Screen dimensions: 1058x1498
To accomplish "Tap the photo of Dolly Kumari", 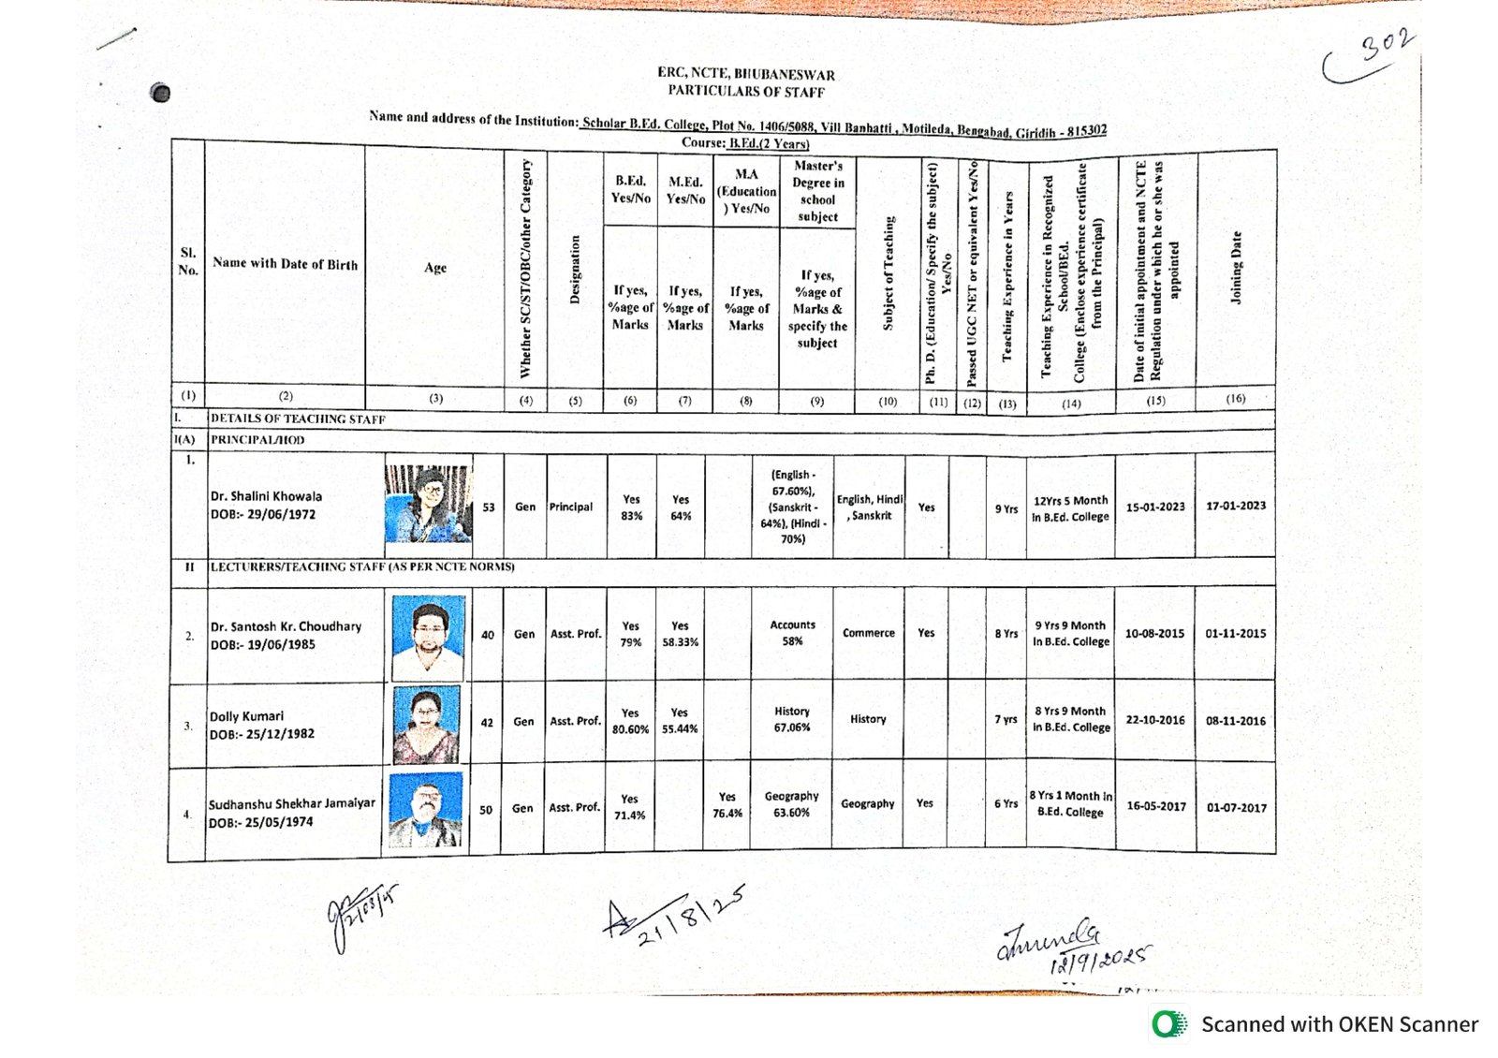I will (427, 724).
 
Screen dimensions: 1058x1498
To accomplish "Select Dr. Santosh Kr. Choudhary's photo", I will (428, 637).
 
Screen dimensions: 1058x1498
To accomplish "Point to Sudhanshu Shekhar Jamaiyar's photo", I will (425, 810).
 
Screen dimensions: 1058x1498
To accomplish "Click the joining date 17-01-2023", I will (1236, 506).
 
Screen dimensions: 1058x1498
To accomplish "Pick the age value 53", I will (489, 507).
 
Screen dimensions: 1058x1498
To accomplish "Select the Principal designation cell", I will (571, 507).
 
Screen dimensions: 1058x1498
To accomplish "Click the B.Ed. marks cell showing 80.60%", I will (630, 721).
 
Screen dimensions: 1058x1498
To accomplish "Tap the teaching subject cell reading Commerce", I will (869, 633).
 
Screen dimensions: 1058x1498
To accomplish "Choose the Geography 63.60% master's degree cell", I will (791, 804).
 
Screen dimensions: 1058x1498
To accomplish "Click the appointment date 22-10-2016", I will (1155, 720).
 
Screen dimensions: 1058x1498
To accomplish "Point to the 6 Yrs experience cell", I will (1006, 803).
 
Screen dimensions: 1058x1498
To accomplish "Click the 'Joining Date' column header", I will (1236, 268).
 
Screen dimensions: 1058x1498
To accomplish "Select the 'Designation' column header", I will (575, 270).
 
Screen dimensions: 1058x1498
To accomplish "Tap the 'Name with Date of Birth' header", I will (285, 264).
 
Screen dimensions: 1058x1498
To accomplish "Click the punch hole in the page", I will (161, 93).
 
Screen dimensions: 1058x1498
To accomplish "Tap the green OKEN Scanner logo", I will (1168, 1024).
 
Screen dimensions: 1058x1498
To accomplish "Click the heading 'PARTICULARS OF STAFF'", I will (746, 91).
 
